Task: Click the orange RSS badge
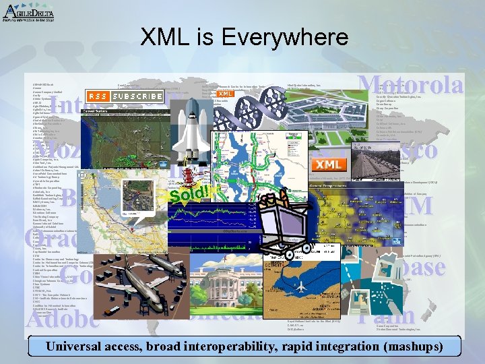pos(98,96)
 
